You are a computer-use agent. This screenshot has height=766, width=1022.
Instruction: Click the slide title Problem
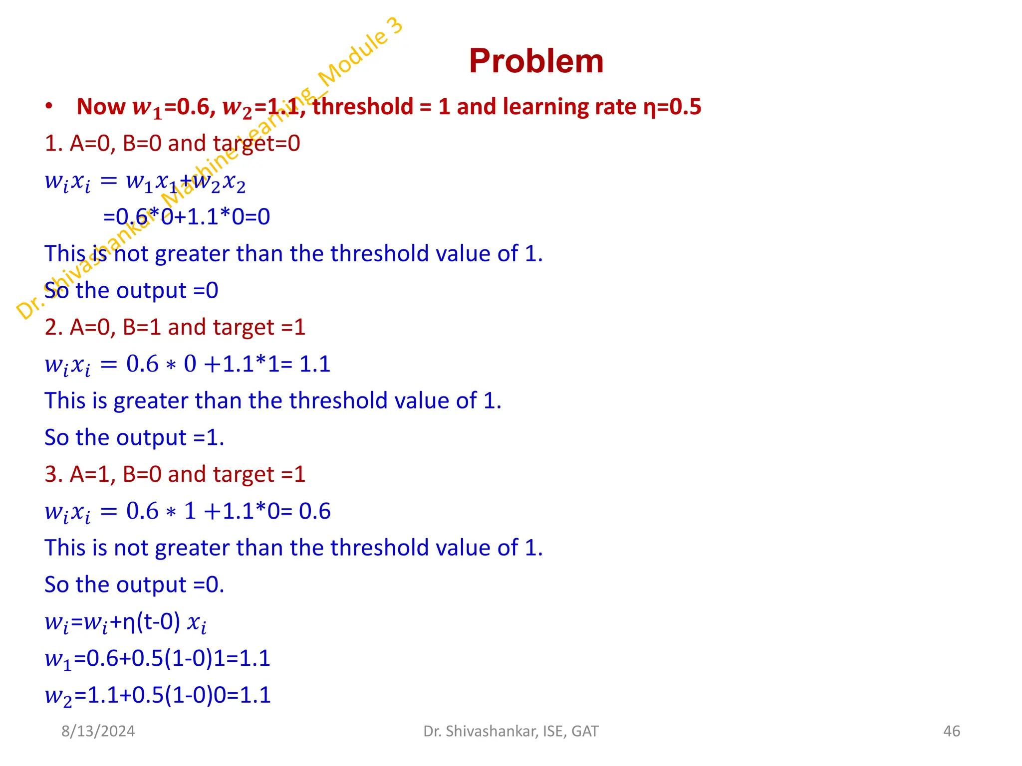point(536,61)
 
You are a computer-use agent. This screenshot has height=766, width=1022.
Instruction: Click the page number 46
point(951,731)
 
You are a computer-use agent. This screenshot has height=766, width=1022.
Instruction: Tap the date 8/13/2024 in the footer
point(98,731)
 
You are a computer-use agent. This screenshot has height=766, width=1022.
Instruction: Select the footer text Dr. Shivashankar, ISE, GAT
point(511,731)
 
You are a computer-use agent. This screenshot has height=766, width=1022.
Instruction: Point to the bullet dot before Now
point(48,106)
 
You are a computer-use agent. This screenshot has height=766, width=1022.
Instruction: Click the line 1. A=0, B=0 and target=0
point(172,144)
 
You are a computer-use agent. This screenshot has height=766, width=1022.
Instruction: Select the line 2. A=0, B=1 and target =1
point(175,328)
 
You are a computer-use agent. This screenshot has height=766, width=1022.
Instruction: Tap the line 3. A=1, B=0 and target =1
point(175,474)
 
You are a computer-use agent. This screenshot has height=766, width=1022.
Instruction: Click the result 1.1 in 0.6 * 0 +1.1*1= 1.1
point(315,364)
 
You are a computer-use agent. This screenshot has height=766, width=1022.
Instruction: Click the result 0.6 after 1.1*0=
point(315,511)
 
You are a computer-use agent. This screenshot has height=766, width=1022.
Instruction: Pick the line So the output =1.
point(134,438)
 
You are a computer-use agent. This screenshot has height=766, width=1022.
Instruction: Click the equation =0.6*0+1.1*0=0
point(187,217)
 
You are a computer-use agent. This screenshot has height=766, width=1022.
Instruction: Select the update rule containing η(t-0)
point(125,622)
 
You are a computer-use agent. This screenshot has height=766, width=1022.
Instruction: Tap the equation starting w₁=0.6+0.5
point(157,659)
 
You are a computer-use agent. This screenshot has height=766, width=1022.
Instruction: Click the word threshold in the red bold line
point(363,107)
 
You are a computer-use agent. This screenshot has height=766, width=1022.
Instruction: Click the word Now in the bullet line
point(101,107)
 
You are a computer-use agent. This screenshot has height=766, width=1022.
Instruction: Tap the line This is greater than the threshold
point(272,401)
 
